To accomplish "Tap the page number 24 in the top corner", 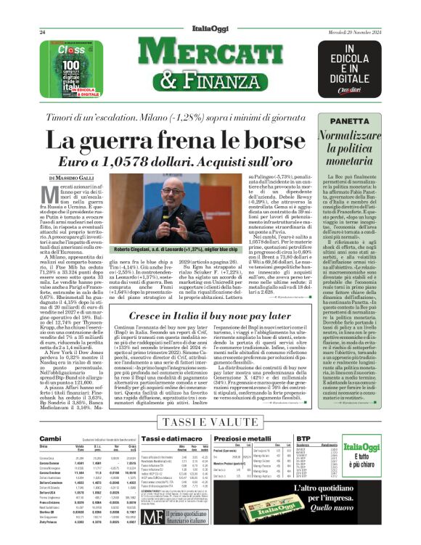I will tap(43, 33).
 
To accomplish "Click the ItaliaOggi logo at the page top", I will tap(210, 32).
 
